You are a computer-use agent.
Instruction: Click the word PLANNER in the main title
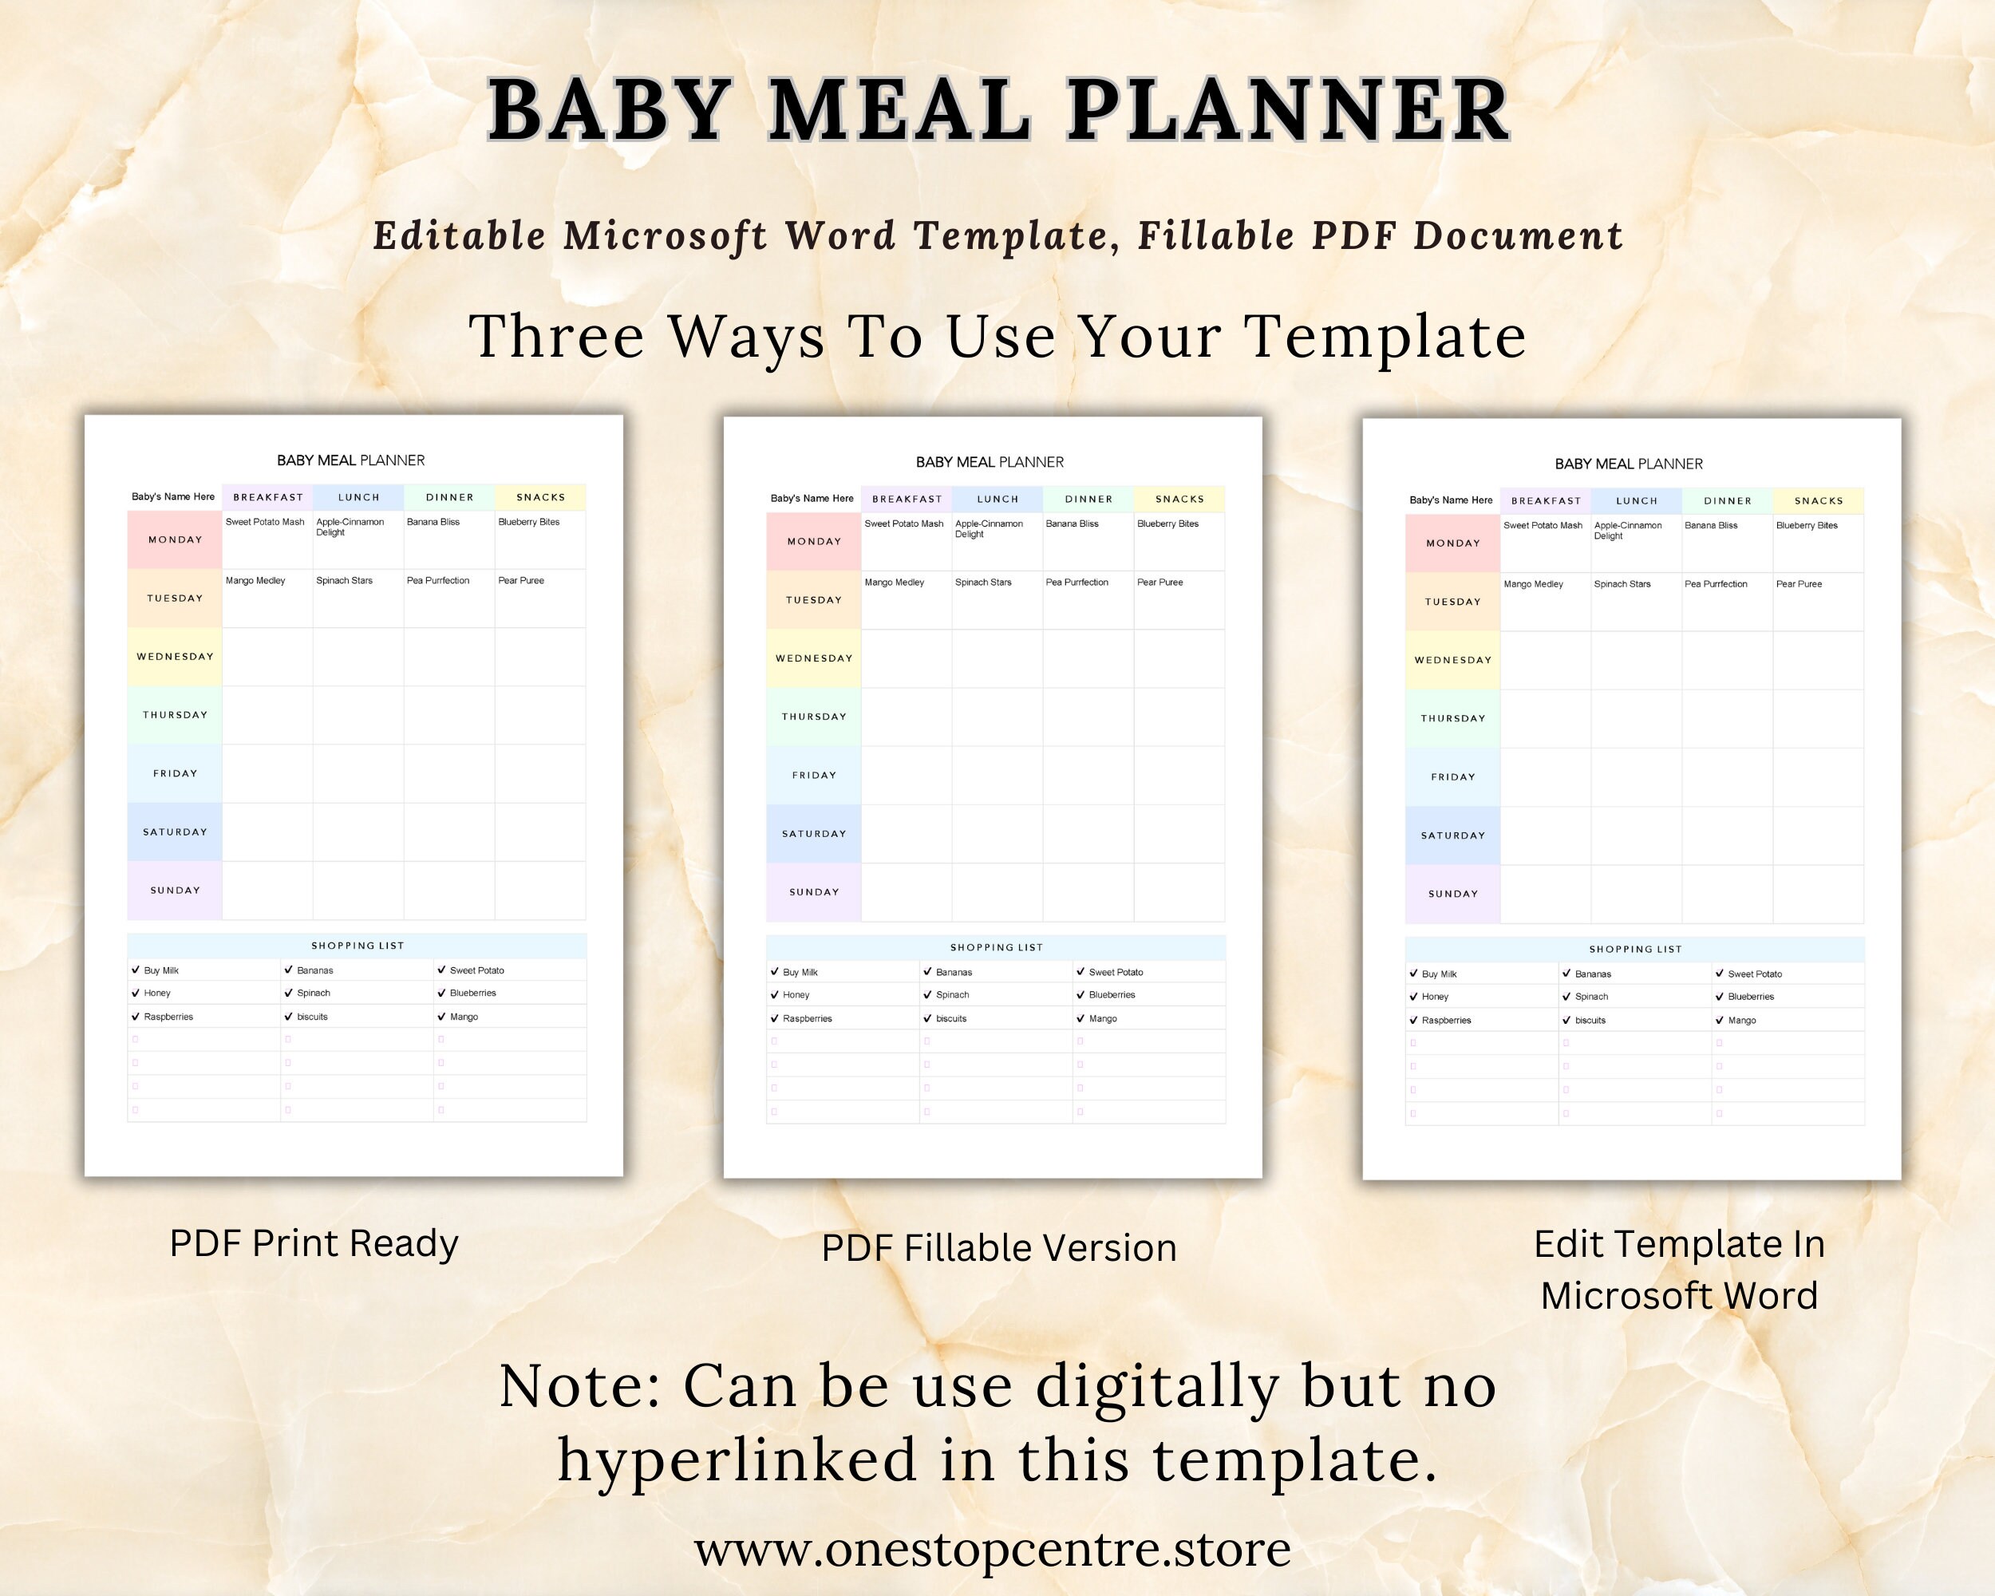tap(1288, 110)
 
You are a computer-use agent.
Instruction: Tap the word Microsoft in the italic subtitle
tap(666, 236)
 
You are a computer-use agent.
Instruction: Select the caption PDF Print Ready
tap(314, 1243)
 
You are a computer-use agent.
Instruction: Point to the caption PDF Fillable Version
tap(998, 1248)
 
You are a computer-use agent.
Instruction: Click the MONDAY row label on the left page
tap(175, 539)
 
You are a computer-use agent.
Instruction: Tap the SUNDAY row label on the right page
tap(1453, 894)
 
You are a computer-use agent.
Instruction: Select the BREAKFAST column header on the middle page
tap(907, 499)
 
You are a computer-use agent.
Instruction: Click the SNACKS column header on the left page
tap(540, 497)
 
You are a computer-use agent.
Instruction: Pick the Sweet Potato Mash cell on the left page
tap(265, 522)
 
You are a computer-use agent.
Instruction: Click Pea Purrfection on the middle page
tap(1077, 582)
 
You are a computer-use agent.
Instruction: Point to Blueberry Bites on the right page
tap(1806, 526)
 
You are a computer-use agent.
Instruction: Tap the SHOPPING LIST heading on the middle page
tap(996, 947)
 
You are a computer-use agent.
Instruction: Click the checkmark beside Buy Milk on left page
tap(135, 970)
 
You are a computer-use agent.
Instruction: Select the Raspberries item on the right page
tap(1445, 1021)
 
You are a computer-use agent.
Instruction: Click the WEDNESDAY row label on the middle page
tap(813, 658)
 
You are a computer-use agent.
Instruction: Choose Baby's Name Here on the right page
tap(1450, 500)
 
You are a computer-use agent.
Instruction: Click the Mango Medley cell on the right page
tap(1532, 584)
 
